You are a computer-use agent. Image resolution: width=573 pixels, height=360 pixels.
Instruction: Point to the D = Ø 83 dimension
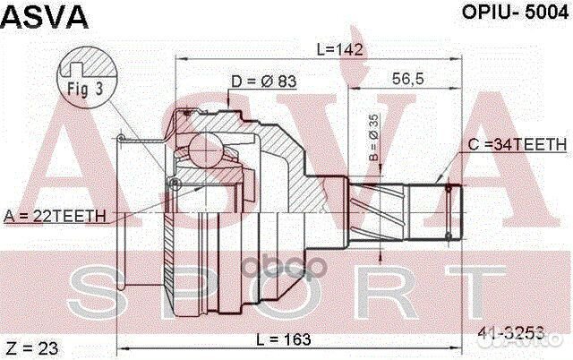(263, 81)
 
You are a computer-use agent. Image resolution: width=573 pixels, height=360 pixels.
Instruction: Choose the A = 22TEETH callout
(56, 215)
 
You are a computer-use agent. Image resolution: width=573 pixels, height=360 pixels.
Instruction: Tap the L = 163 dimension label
(283, 339)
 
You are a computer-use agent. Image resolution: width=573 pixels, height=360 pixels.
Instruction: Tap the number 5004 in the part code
(526, 13)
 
